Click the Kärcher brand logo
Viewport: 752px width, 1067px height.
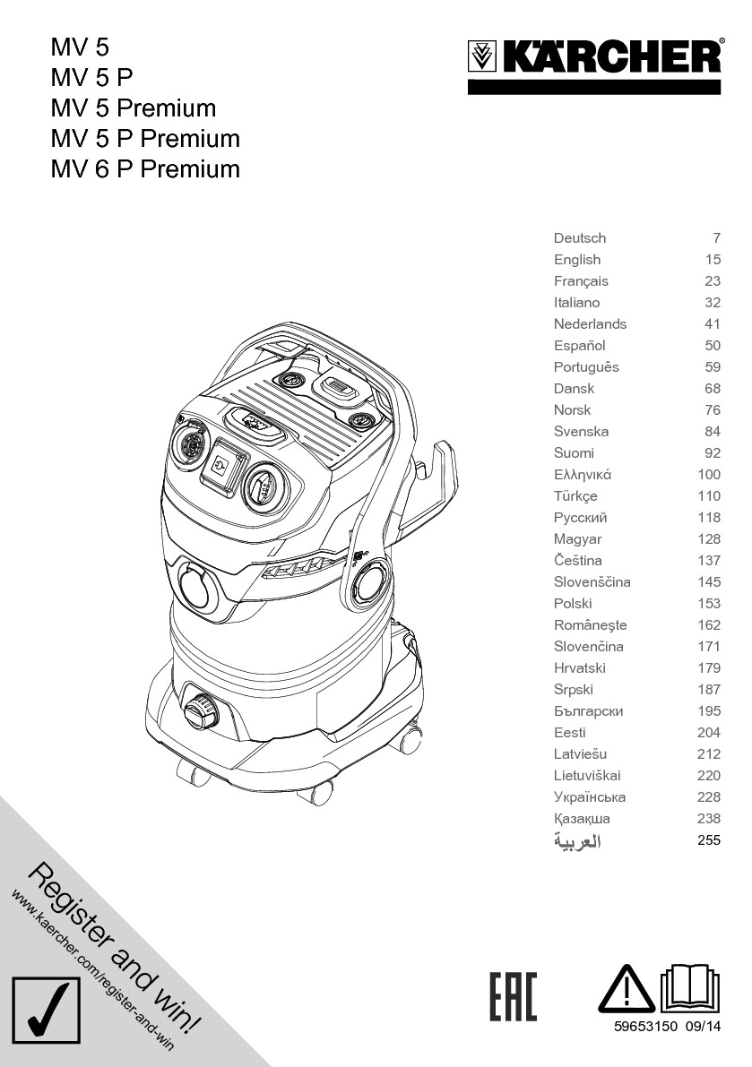click(594, 59)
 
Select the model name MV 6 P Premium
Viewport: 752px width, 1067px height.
click(145, 169)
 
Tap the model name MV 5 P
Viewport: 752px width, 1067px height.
click(91, 78)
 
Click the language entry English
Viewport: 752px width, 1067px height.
click(577, 260)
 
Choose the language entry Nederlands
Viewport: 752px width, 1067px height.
click(590, 324)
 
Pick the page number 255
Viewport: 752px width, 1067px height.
click(708, 840)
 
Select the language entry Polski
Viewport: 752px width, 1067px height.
click(573, 604)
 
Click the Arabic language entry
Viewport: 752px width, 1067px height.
click(577, 841)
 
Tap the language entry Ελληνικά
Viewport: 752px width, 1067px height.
click(583, 475)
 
